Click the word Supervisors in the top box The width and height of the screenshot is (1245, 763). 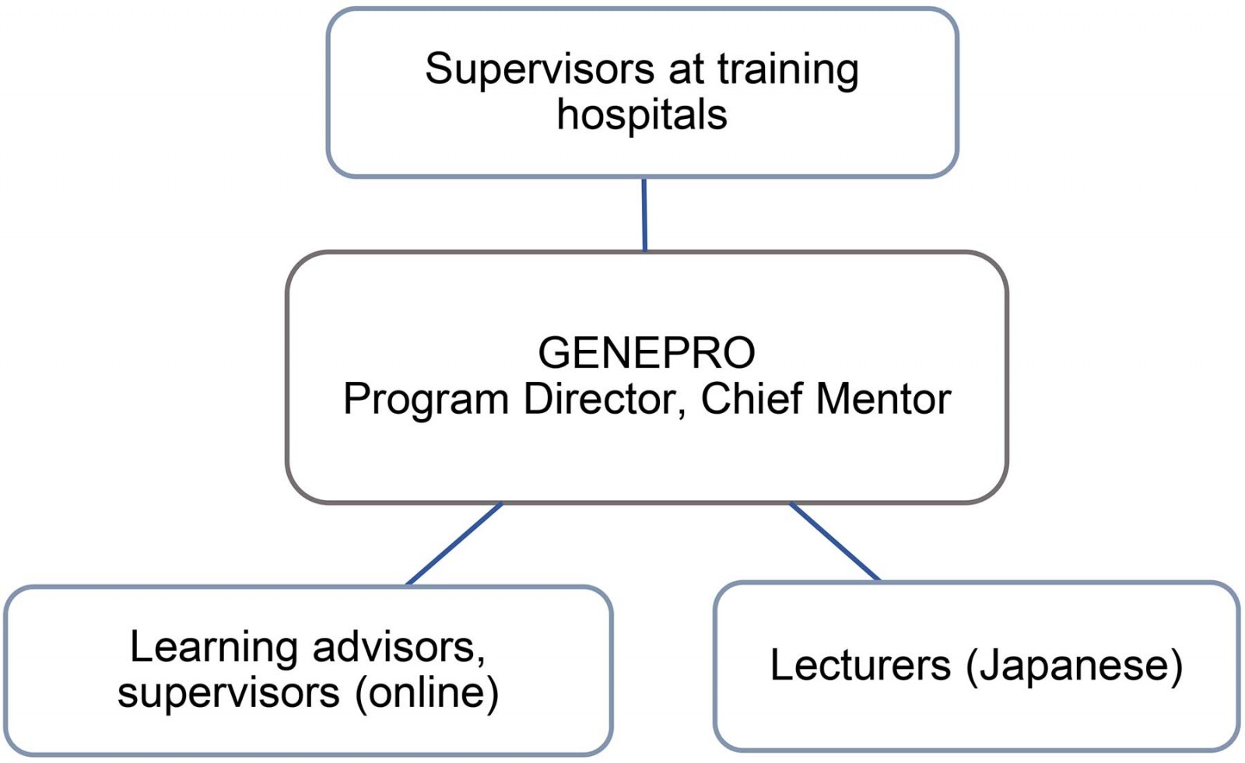point(539,68)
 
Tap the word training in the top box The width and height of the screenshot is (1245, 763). point(787,68)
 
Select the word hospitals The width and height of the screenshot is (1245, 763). point(642,114)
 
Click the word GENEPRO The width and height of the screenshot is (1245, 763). point(646,352)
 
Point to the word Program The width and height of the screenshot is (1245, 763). point(426,399)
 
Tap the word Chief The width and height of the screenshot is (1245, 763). point(751,399)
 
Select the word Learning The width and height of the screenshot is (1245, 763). point(214,646)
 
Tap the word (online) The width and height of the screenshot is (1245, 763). point(426,692)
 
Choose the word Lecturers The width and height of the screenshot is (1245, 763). point(860,665)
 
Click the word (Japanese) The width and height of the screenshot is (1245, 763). point(1074,665)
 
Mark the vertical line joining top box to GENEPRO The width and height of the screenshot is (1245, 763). point(644,214)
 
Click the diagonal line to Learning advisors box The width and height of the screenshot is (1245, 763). point(454,544)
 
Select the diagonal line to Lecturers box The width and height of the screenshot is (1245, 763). point(835,542)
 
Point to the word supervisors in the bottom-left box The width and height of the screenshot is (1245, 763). point(229,692)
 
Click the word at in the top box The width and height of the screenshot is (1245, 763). point(686,68)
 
